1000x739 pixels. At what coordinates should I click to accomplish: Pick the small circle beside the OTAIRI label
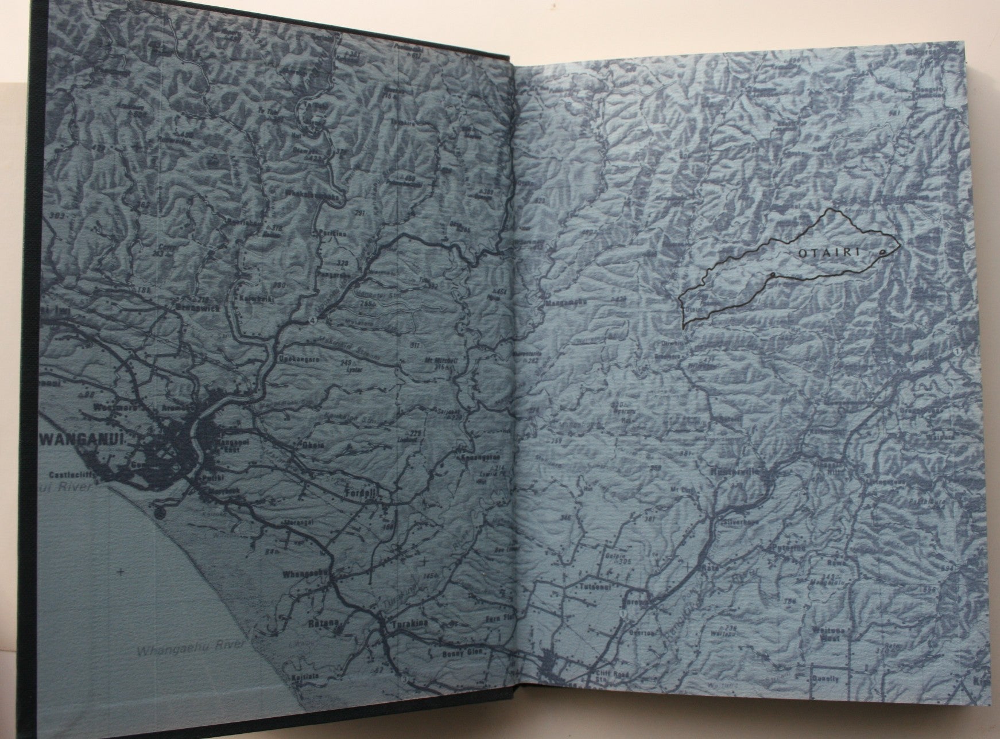(x=881, y=253)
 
